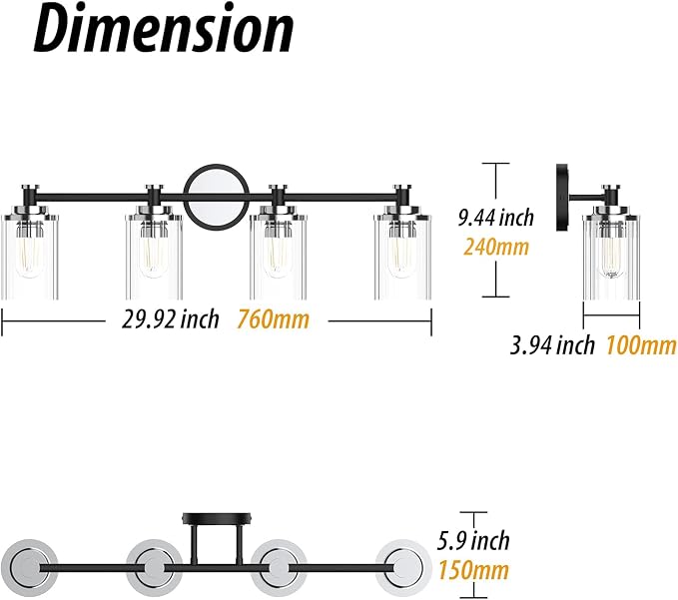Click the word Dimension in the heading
pyautogui.click(x=164, y=30)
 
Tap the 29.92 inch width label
pyautogui.click(x=171, y=319)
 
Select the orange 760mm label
pyautogui.click(x=274, y=319)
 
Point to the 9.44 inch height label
pyautogui.click(x=496, y=217)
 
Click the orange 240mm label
pyautogui.click(x=496, y=247)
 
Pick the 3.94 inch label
pyautogui.click(x=552, y=345)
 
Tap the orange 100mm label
pyautogui.click(x=641, y=345)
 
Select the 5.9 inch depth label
pyautogui.click(x=473, y=540)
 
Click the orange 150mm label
pyautogui.click(x=473, y=570)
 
